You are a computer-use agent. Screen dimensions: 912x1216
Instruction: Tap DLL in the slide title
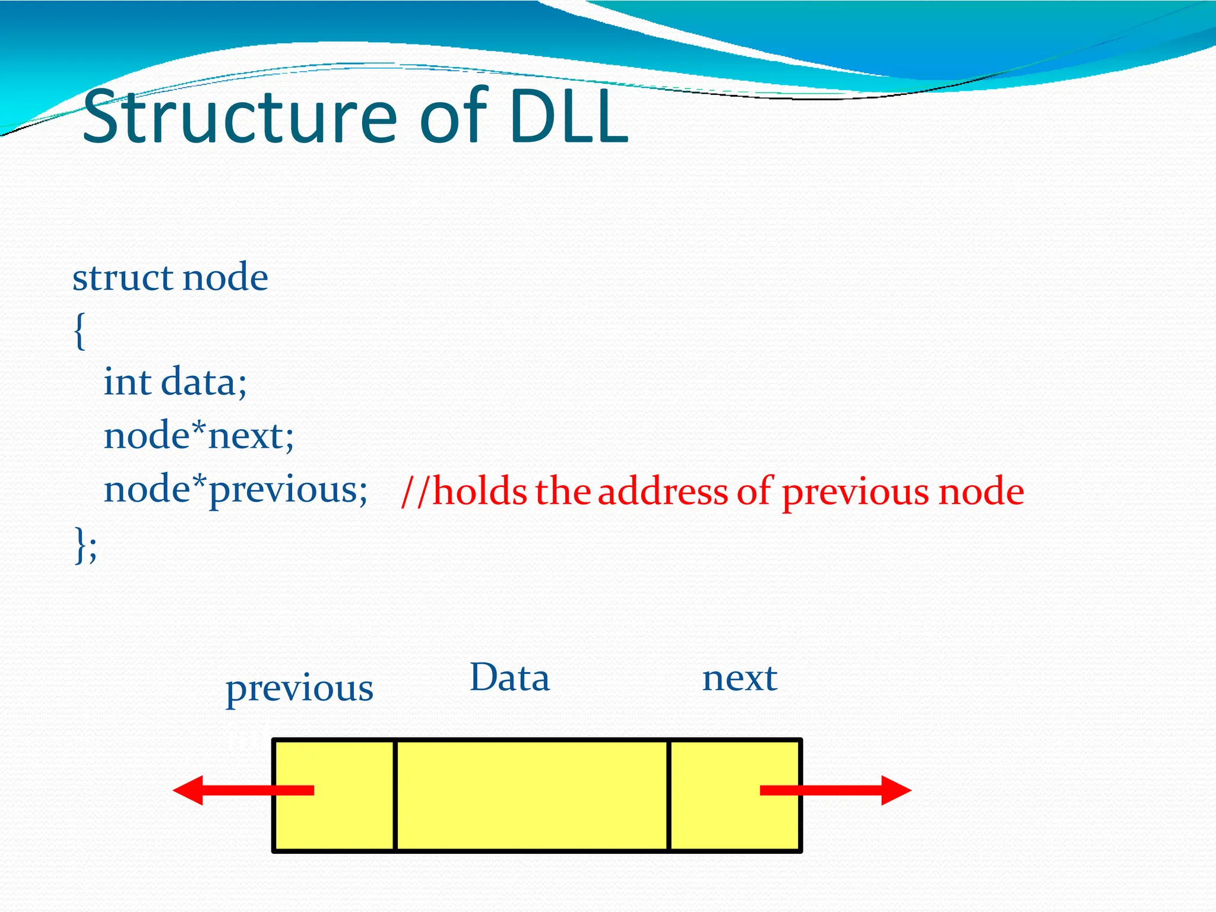(x=568, y=117)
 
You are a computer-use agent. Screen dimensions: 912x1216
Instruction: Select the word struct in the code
(x=122, y=277)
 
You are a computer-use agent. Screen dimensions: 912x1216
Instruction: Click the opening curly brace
(x=80, y=331)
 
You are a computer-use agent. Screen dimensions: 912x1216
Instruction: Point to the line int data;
(x=175, y=382)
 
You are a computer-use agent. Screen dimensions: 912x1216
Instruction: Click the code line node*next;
(x=198, y=436)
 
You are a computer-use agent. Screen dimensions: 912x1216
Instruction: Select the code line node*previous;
(x=235, y=490)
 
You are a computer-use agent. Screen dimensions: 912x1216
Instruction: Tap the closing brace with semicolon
(x=85, y=544)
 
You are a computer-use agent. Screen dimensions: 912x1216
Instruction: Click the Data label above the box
(x=509, y=678)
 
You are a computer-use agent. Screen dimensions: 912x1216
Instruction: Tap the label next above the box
(x=739, y=678)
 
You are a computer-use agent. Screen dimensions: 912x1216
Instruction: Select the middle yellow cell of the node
(x=531, y=796)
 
